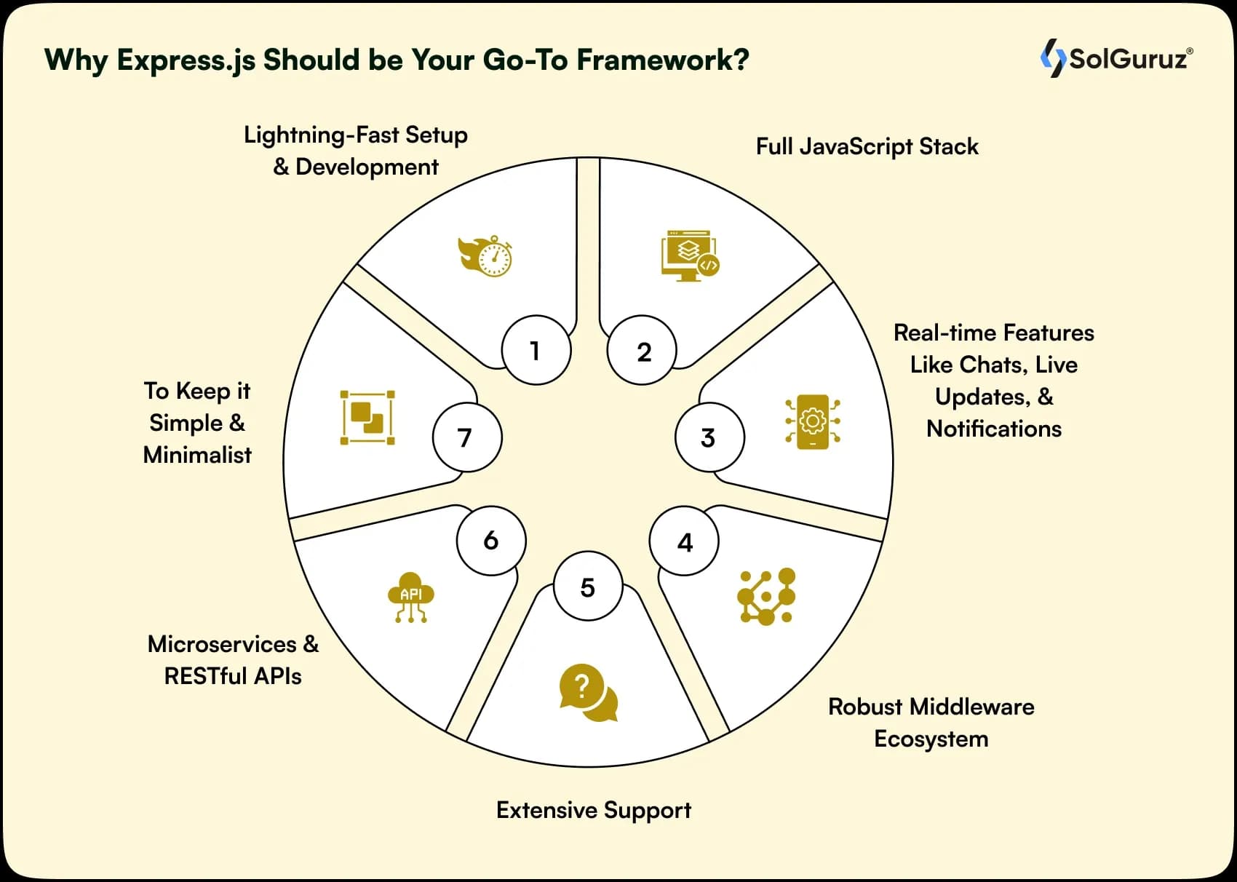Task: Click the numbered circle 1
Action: (536, 350)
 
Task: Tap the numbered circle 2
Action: (643, 351)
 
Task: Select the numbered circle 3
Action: (709, 437)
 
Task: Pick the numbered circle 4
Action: (684, 541)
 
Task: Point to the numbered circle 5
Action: (588, 587)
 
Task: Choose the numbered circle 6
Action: (491, 540)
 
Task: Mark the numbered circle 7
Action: (466, 437)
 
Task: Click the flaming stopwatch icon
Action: (485, 255)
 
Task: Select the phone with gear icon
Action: (813, 421)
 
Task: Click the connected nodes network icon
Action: (766, 597)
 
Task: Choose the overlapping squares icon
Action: (367, 418)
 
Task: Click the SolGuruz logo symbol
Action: (1052, 57)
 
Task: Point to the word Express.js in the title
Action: (186, 60)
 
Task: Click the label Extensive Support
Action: (593, 810)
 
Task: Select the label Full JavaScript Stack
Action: (867, 146)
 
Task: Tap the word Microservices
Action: (222, 644)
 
